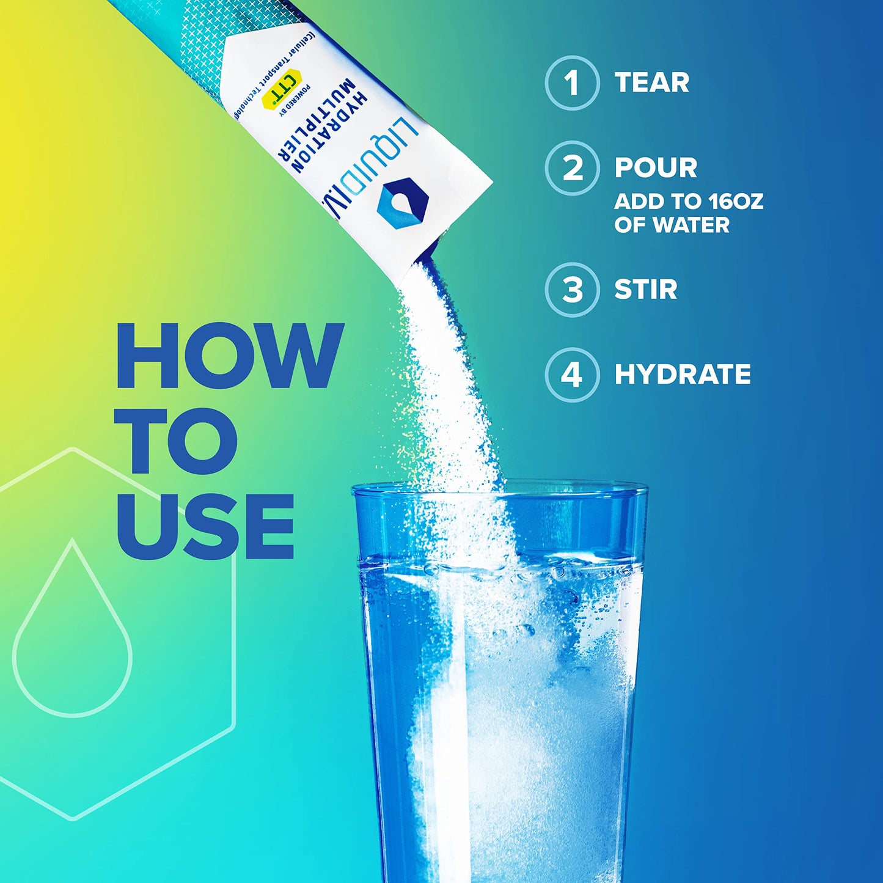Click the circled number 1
click(x=571, y=82)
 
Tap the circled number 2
click(x=571, y=168)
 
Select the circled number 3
click(x=571, y=289)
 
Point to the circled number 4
click(x=571, y=374)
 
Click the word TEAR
click(x=651, y=82)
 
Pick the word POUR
click(x=655, y=168)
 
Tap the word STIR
click(x=645, y=289)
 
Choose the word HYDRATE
click(x=682, y=374)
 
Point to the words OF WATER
click(x=672, y=225)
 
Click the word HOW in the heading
click(x=230, y=356)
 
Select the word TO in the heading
click(x=177, y=441)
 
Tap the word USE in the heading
click(x=205, y=527)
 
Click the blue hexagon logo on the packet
click(x=403, y=202)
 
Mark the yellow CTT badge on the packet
click(x=282, y=89)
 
